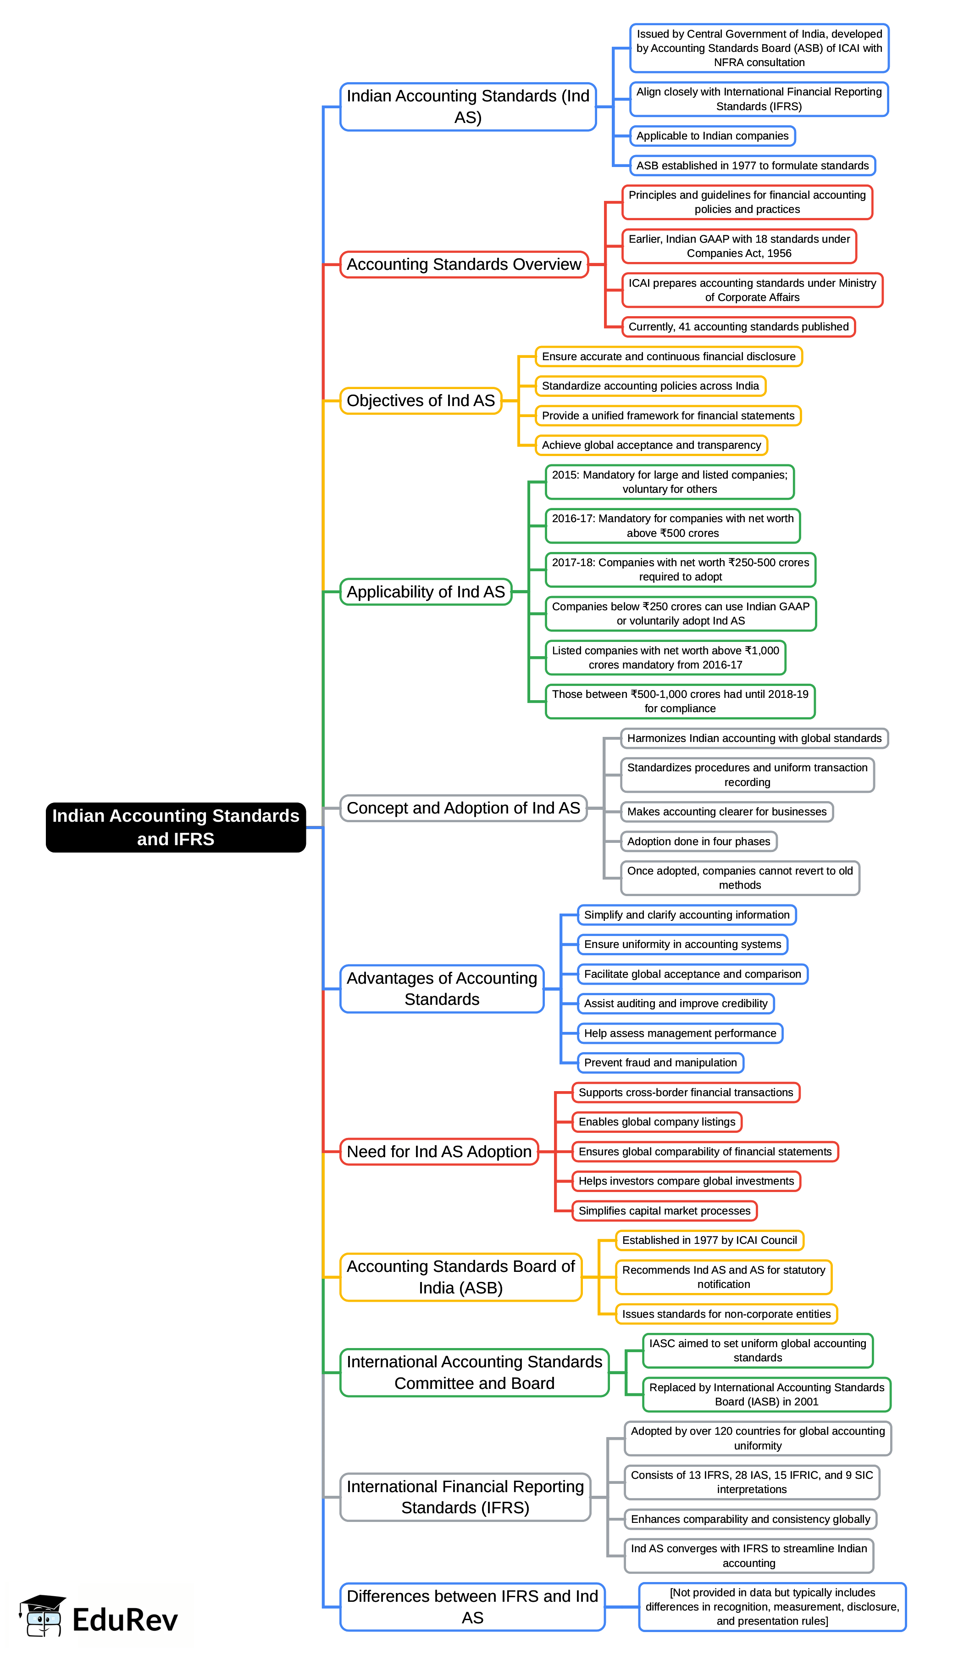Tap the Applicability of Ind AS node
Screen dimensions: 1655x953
click(426, 592)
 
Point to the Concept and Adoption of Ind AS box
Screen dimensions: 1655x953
click(463, 808)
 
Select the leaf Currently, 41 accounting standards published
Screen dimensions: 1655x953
click(738, 327)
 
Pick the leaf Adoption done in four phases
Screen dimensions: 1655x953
click(698, 841)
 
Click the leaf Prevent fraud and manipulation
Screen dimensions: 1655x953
click(660, 1063)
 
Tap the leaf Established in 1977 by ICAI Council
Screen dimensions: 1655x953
click(709, 1240)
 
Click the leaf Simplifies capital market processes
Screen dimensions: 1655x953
click(665, 1210)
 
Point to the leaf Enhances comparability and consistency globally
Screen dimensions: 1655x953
click(750, 1519)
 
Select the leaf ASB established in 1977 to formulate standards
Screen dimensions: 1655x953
click(752, 166)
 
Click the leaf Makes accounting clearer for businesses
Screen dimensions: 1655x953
click(726, 812)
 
